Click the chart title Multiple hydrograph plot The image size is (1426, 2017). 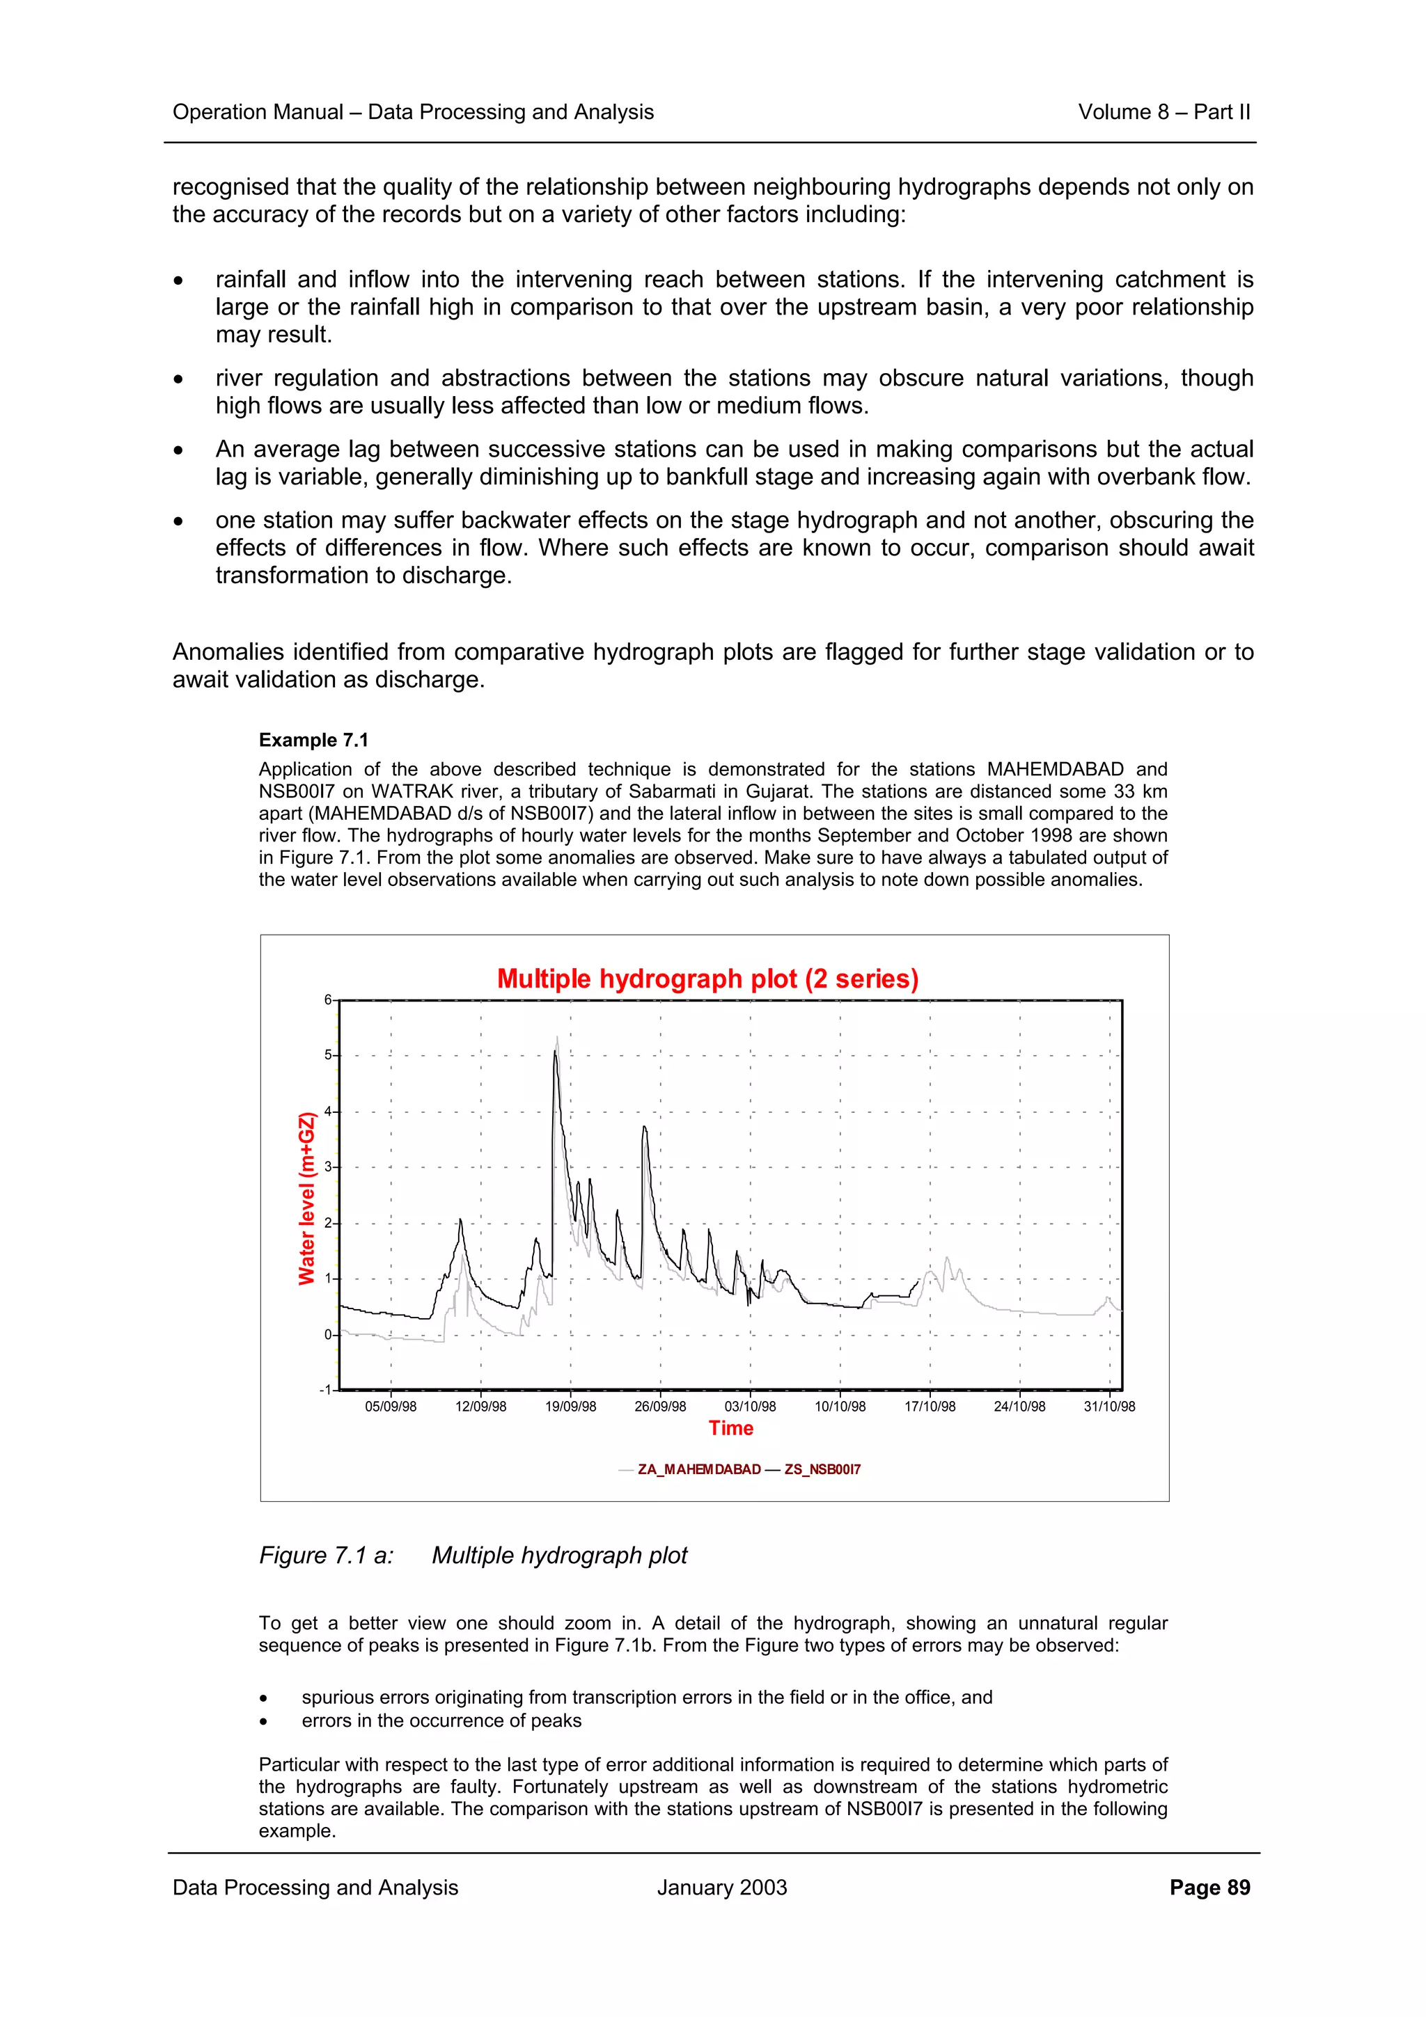click(707, 979)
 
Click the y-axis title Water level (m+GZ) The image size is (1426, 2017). click(306, 1199)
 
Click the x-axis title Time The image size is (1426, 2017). click(731, 1428)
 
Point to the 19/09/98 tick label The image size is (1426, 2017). click(570, 1407)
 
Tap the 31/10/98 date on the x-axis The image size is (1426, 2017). click(1108, 1407)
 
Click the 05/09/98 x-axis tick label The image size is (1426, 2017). click(391, 1407)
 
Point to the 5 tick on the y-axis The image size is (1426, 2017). click(328, 1055)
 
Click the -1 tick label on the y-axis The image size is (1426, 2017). click(325, 1390)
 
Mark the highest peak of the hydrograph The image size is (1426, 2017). click(556, 1039)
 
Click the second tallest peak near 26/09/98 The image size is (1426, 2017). click(644, 1127)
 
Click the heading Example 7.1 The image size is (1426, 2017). click(313, 741)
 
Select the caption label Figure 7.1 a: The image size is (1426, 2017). click(326, 1556)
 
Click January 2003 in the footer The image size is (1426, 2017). click(721, 1888)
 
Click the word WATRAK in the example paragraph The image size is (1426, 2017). click(413, 791)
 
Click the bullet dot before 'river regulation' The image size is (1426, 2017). click(178, 379)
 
